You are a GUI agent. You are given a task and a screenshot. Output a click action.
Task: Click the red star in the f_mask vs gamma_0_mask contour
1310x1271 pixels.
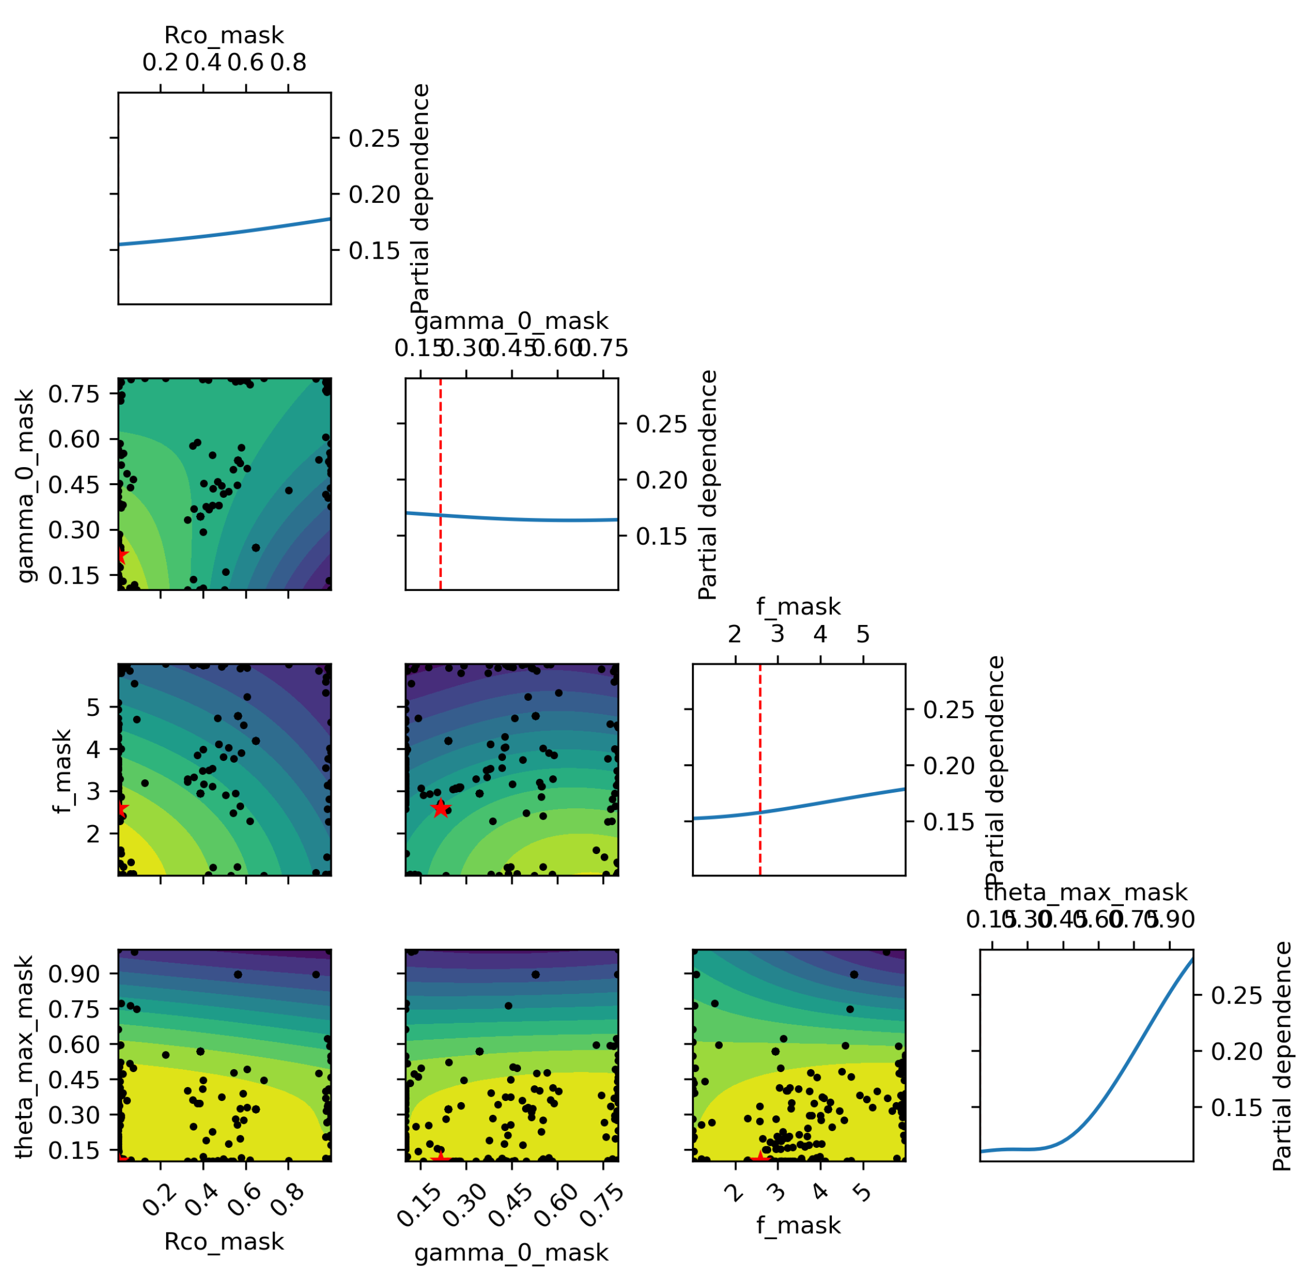tap(440, 808)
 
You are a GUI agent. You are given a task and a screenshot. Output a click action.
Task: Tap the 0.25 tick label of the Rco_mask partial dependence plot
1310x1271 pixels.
tap(374, 139)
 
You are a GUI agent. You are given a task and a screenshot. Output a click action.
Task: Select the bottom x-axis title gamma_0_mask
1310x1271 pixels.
tap(512, 1252)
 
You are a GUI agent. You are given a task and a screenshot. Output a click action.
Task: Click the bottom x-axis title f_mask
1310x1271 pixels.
tap(798, 1225)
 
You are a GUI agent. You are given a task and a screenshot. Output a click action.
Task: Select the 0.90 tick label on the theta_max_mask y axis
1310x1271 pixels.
tap(74, 973)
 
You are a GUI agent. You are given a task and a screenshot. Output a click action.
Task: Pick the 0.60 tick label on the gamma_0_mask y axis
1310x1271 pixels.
tap(74, 440)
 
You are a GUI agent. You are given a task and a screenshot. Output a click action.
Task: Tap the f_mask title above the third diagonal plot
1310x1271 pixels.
tap(798, 607)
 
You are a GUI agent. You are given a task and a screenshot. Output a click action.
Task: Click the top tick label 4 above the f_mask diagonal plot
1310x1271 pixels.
tap(820, 634)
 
